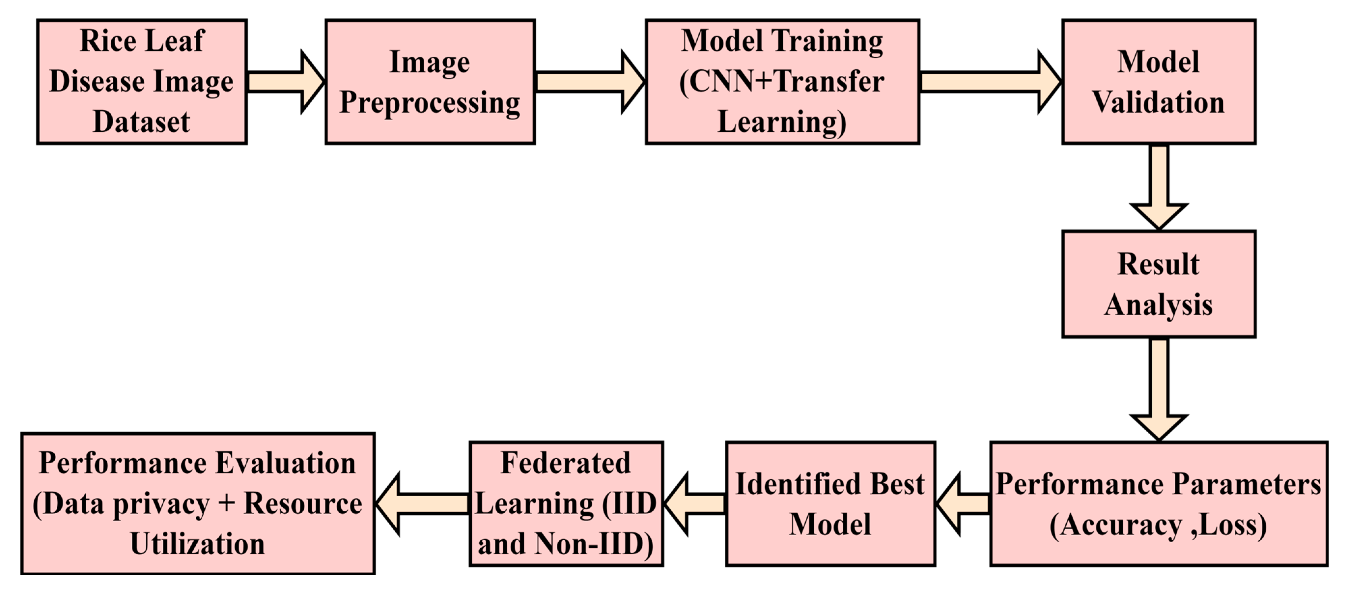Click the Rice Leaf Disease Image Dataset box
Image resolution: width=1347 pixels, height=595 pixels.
142,82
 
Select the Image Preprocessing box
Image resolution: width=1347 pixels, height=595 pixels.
430,82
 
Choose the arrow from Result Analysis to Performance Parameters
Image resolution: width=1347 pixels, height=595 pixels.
1159,390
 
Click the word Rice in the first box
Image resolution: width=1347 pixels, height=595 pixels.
101,41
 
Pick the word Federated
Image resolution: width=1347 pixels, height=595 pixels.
566,463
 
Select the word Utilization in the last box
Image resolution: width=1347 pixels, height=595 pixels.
198,544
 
